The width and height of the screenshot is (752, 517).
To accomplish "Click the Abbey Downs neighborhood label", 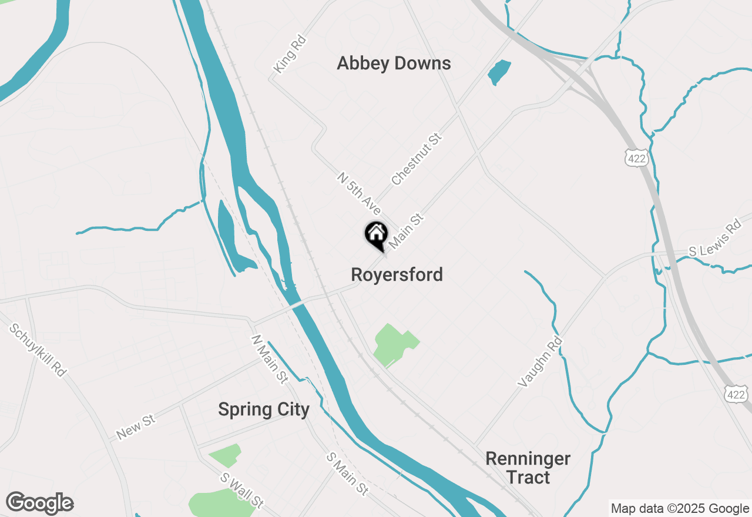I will pos(394,63).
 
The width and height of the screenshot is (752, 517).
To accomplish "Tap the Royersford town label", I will pos(397,274).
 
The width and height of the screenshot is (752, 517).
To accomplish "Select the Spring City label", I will pos(263,409).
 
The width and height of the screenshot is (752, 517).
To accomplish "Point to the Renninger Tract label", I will pos(528,468).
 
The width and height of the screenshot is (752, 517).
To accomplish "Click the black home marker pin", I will pos(376,234).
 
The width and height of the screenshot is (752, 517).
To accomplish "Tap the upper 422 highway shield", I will pos(636,157).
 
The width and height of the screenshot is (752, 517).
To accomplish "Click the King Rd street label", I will pos(290,55).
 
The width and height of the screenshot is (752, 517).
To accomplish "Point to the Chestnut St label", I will pos(416,159).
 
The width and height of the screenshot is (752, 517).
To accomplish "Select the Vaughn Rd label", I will pos(540,361).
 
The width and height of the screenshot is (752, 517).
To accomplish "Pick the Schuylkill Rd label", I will pos(38,350).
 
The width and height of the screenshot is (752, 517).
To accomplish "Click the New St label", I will pos(136,427).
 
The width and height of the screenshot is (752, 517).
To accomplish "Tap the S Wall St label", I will pos(241,491).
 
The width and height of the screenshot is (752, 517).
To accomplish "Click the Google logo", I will pos(39,503).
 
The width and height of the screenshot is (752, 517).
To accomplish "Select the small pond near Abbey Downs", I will pos(499,72).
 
